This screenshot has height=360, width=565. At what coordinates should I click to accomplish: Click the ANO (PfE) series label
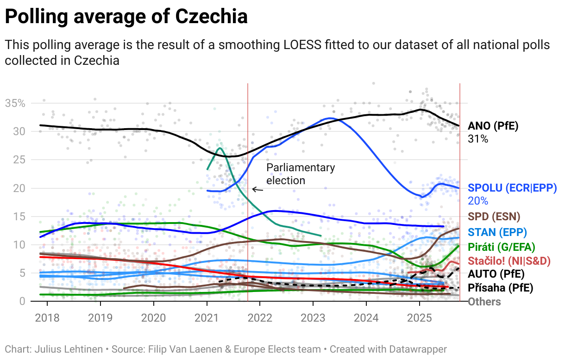point(493,126)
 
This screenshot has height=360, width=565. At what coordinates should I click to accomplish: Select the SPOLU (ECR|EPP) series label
point(512,188)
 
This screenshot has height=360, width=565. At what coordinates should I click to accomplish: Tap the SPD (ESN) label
point(494,217)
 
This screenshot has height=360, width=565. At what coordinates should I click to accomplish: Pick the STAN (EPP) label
point(497,232)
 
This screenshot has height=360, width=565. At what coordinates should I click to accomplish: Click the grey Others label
point(484,302)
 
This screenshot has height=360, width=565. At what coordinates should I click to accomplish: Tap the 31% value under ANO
point(478,138)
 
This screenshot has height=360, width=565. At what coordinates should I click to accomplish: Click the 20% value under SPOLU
point(478,201)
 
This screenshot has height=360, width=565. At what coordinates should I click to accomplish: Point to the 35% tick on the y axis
point(15,103)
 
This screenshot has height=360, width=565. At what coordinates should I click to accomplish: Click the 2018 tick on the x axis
point(47,318)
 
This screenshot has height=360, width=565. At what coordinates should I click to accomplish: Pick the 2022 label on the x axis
point(260,318)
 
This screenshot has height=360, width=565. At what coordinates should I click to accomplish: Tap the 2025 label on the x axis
point(419,318)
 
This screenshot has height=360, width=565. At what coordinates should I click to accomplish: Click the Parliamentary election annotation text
point(300,174)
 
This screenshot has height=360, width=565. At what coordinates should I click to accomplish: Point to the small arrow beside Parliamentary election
point(257,189)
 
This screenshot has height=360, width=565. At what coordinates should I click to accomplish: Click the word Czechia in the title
point(211,17)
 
